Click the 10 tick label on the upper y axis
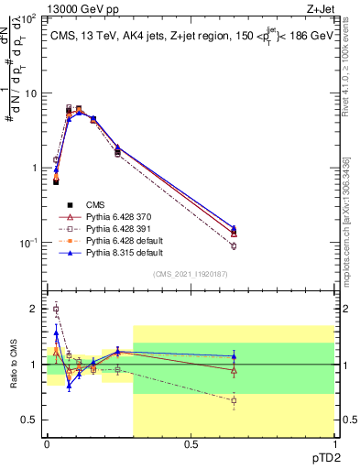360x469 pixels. tap(30, 93)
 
